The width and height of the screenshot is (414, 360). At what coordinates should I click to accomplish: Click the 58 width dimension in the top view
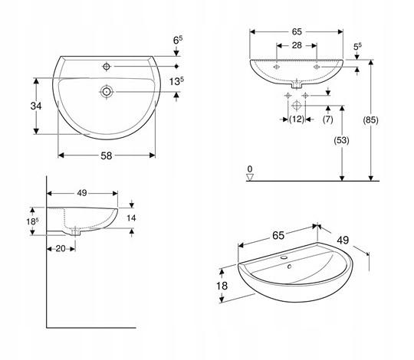point(107,155)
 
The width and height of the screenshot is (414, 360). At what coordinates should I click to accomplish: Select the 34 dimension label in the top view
point(36,106)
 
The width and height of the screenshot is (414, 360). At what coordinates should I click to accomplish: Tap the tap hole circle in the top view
point(107,67)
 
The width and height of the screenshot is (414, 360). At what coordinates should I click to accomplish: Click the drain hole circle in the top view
point(107,92)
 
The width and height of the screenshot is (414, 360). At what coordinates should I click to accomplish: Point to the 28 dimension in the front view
point(297,45)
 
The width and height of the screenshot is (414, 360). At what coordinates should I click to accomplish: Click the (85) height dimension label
point(370,120)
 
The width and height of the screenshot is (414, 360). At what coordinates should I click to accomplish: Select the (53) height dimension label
point(342,140)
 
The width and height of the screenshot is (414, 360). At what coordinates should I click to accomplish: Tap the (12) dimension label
point(297,119)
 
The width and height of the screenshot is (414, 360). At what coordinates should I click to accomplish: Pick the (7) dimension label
point(328,119)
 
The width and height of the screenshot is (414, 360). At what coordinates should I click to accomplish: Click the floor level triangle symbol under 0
point(250,177)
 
